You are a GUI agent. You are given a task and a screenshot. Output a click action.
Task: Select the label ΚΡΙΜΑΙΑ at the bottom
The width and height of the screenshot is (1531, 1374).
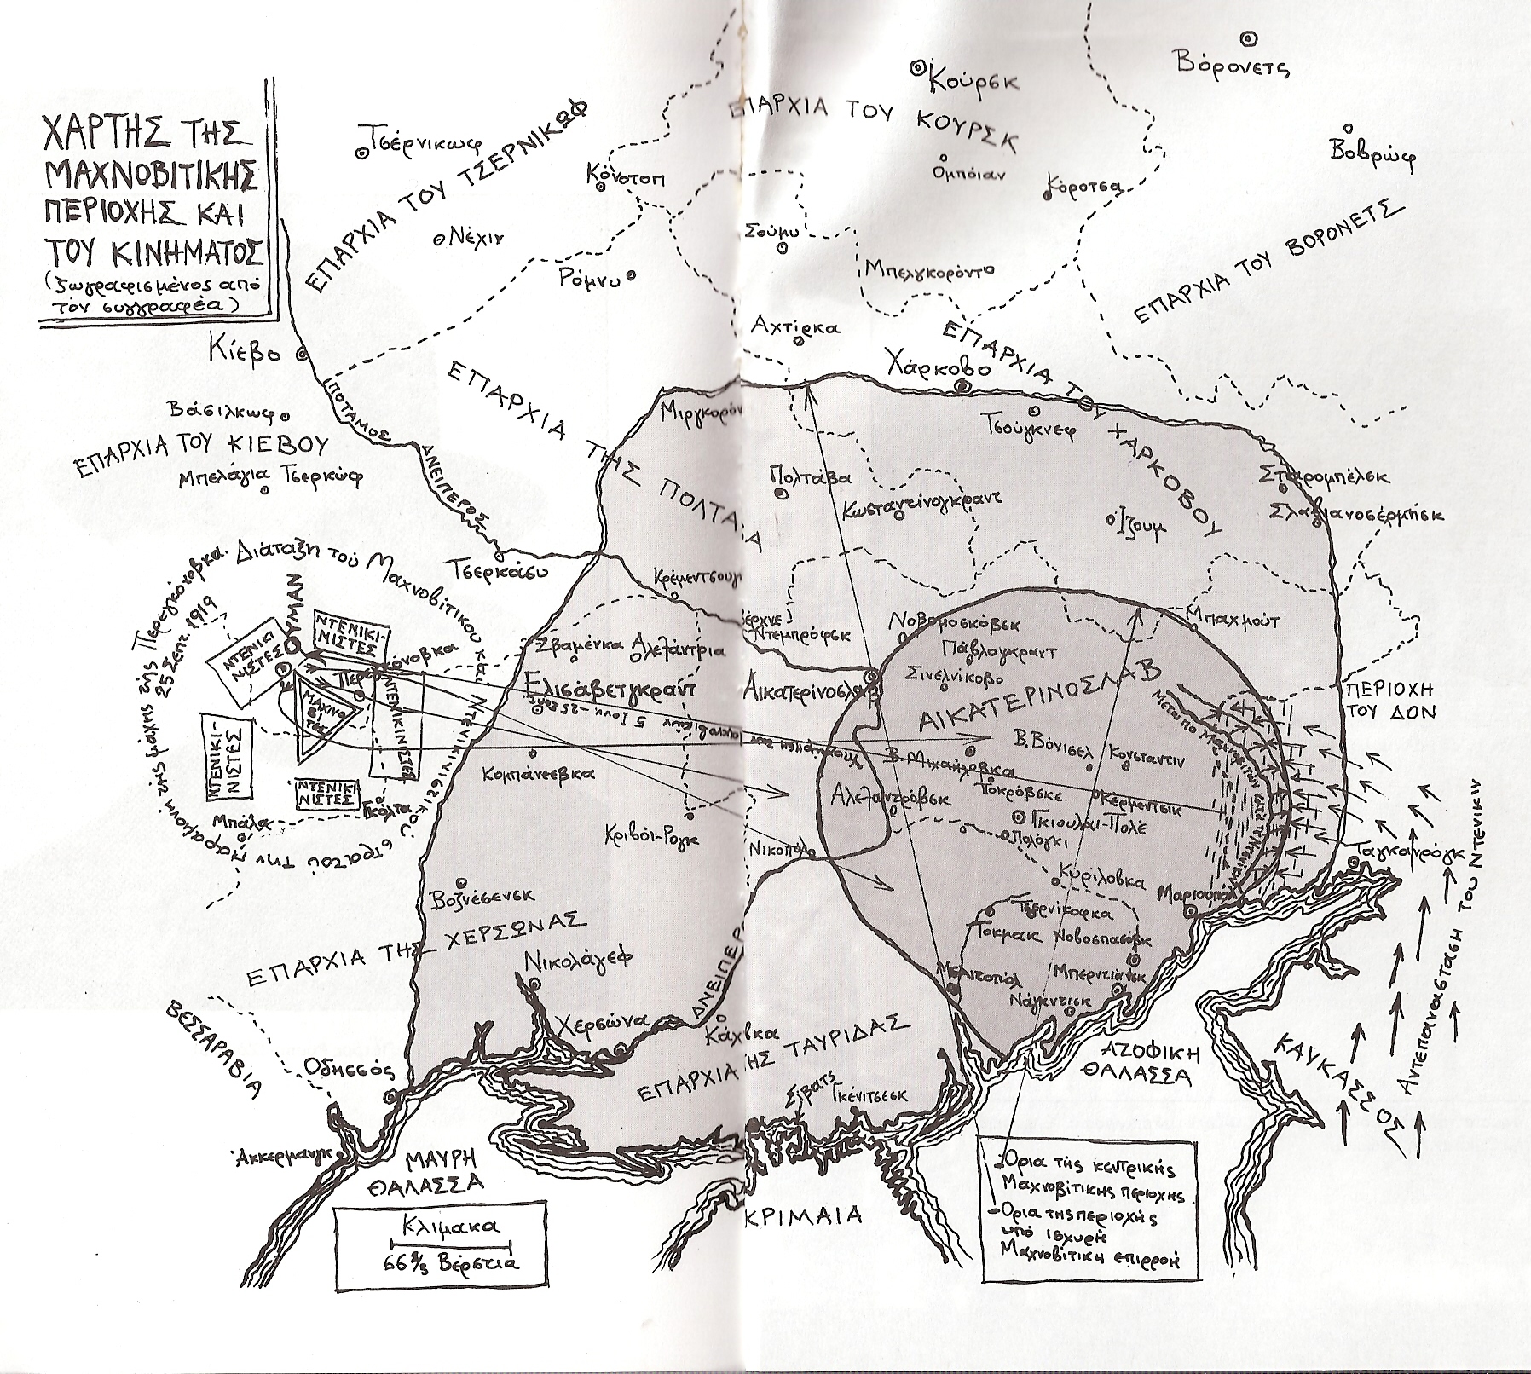[802, 1214]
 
